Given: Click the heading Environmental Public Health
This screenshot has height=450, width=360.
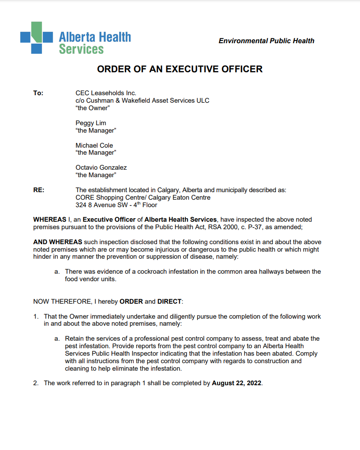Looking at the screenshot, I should [x=266, y=41].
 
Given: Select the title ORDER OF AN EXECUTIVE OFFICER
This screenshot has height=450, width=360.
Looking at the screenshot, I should [x=180, y=69].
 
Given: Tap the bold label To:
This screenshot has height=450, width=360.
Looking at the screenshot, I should [x=38, y=93].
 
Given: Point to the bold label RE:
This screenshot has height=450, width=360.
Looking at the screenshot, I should [x=39, y=190].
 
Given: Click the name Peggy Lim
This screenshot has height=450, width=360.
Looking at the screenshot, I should [x=91, y=123].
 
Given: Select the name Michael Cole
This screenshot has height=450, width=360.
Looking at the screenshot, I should [x=94, y=145].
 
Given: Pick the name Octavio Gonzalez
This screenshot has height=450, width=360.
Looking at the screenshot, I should [x=101, y=167].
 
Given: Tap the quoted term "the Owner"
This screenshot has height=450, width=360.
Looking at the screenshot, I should [x=93, y=108].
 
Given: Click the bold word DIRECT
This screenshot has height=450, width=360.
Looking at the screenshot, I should [x=169, y=301].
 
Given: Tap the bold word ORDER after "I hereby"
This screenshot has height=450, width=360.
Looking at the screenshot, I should [x=131, y=301].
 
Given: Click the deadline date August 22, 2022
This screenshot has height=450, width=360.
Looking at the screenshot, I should [x=237, y=383].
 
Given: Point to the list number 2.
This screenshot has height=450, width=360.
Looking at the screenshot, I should [x=36, y=383].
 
